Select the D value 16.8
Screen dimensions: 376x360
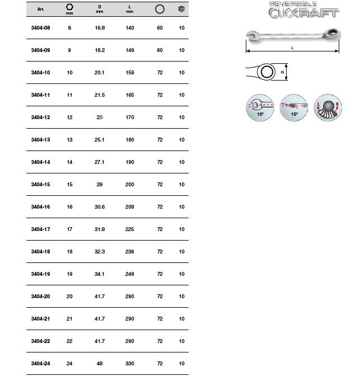pos(100,27)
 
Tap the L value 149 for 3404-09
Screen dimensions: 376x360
pos(130,50)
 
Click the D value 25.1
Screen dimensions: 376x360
pos(100,139)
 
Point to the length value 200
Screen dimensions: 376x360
pos(130,184)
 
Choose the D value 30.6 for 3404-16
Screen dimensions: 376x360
pos(100,206)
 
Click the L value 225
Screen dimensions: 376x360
pos(130,229)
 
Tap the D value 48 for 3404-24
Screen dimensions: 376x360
pos(100,363)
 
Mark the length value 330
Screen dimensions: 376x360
pos(130,363)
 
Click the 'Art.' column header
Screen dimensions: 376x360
pos(40,10)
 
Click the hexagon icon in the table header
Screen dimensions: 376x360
pos(69,7)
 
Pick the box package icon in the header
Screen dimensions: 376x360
pos(181,9)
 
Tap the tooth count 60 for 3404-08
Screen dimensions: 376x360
pos(160,27)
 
